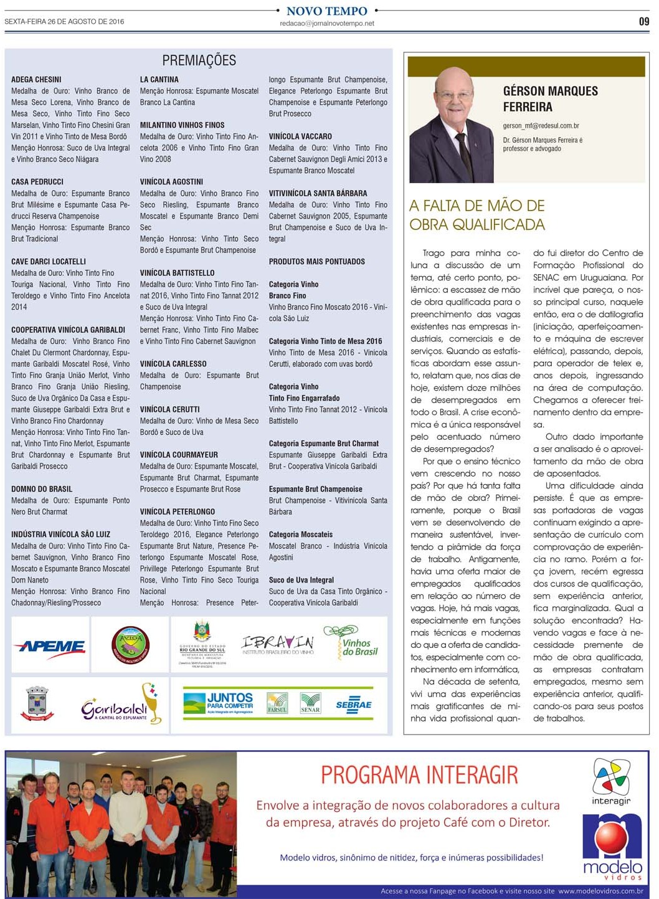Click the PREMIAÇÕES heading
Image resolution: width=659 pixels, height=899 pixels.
pos(199,60)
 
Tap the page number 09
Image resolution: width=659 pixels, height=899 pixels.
pos(643,21)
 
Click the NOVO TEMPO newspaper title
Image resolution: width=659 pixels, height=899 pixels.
pos(327,11)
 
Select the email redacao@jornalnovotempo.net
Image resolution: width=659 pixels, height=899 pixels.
pos(327,24)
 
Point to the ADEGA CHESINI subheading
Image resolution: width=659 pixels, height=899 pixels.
pos(36,80)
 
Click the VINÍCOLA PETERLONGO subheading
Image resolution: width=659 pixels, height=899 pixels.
pos(178,511)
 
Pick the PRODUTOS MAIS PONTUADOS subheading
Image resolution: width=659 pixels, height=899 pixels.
pos(317,262)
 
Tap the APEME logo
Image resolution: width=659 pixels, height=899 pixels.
pos(50,646)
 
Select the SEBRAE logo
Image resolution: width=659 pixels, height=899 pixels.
pos(354,705)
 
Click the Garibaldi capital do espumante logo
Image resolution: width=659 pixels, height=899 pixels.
pos(118,704)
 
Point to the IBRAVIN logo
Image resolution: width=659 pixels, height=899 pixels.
pos(277,644)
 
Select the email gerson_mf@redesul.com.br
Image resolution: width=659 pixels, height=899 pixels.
pos(541,126)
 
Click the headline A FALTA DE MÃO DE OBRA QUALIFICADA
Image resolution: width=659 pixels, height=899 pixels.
pos(477,215)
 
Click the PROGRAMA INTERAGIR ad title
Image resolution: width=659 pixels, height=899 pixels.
pos(419,775)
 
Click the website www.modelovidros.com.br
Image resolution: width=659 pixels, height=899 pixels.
pos(600,891)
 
